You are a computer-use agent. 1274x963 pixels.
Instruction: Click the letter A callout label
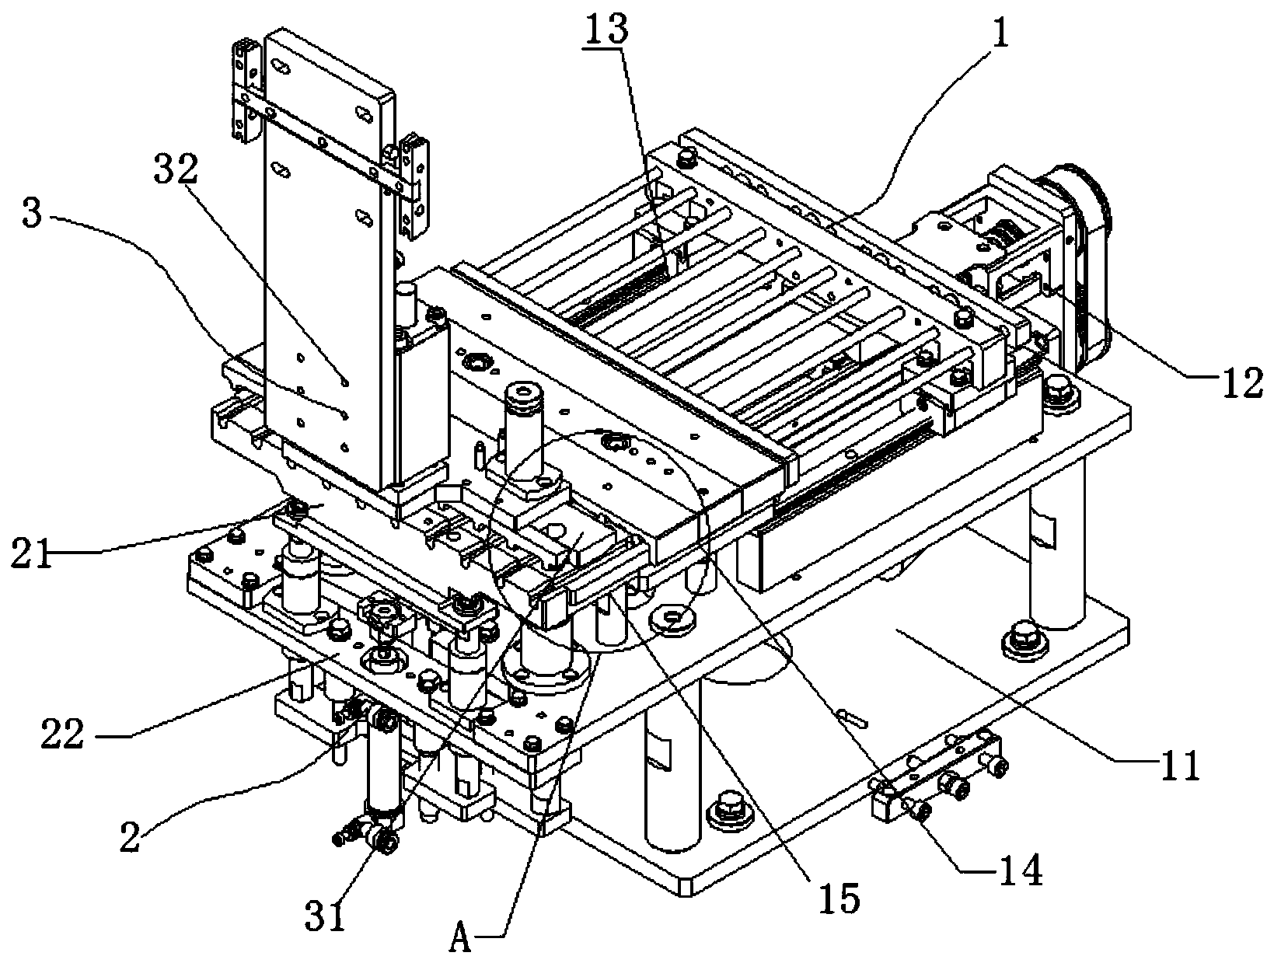pyautogui.click(x=461, y=941)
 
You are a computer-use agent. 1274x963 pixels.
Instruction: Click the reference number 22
pyautogui.click(x=62, y=733)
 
